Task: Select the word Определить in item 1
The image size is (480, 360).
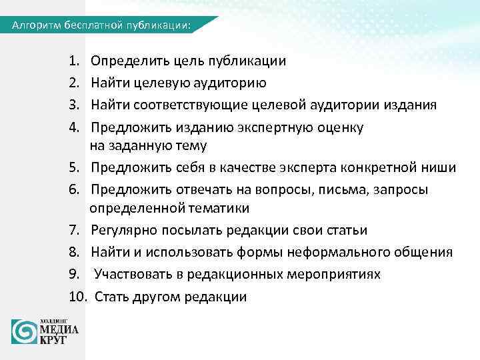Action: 125,61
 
